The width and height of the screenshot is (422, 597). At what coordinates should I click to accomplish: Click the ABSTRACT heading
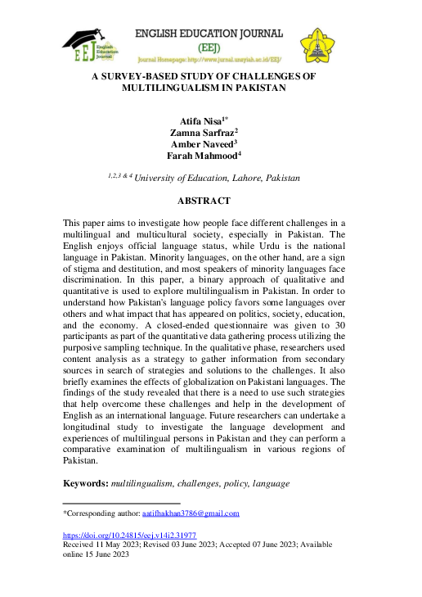(204, 201)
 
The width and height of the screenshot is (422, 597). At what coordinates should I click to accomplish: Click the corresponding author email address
(191, 513)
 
